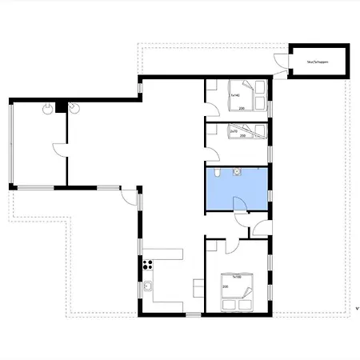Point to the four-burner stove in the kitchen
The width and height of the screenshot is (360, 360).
pos(147,264)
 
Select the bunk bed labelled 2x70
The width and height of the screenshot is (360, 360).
pos(249,132)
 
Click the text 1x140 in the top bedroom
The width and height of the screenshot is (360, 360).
pos(235,95)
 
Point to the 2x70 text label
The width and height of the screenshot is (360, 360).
pos(234,130)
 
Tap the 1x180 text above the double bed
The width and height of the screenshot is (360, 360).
pos(236,276)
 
